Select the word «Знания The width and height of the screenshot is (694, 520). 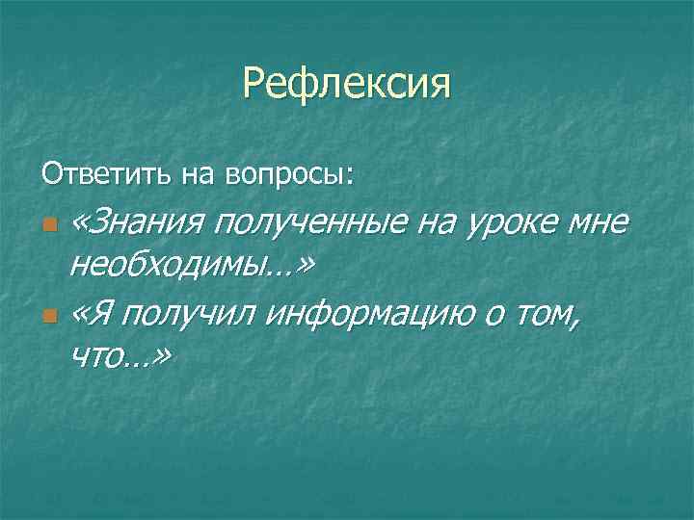pos(137,224)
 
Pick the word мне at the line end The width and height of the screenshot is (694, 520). pos(596,224)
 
